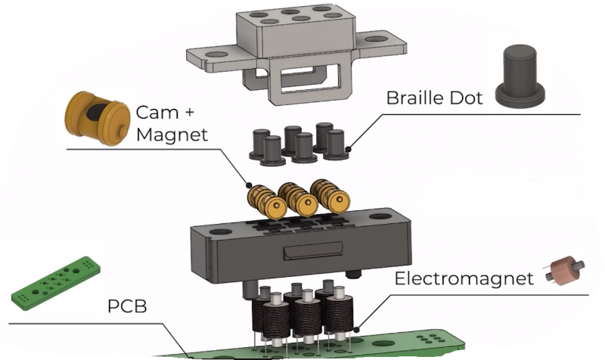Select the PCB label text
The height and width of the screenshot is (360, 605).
tap(126, 309)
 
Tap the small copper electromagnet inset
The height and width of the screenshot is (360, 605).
tap(564, 273)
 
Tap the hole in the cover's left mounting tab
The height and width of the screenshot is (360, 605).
tap(218, 55)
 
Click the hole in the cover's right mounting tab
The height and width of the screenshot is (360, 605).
tap(377, 38)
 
